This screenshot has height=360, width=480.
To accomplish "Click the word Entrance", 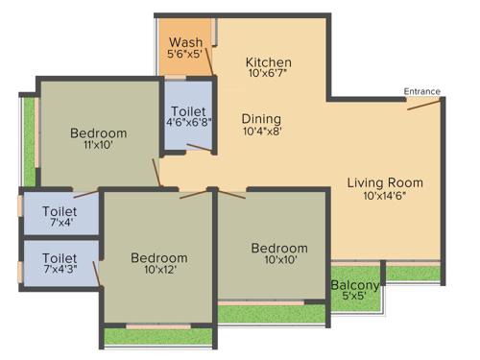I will pos(421,92).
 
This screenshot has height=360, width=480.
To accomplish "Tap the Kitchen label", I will pos(268,62).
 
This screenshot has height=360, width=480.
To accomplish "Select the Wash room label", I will pos(185,43).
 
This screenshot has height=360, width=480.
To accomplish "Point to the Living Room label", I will pos(385,182).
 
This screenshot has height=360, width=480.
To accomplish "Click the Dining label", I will pos(261,117).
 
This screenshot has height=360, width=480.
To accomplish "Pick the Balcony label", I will pos(355,284).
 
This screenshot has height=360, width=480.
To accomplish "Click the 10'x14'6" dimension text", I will pos(385,197).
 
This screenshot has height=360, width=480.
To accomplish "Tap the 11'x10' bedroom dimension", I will pos(99,146).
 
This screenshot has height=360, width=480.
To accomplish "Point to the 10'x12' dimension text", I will pos(159,271).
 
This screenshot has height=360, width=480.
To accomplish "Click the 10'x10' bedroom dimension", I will pos(279,260).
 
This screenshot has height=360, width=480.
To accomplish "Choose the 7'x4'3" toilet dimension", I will pos(59,272).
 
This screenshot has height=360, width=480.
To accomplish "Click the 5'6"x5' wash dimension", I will pos(185,56).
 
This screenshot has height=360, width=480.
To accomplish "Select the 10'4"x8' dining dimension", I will pos(261,131).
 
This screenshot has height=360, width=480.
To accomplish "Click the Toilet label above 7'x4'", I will pos(60,210).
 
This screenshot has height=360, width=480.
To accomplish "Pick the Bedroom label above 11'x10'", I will pos(99,132).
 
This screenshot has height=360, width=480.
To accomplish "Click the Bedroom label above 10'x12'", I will pos(159,257).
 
